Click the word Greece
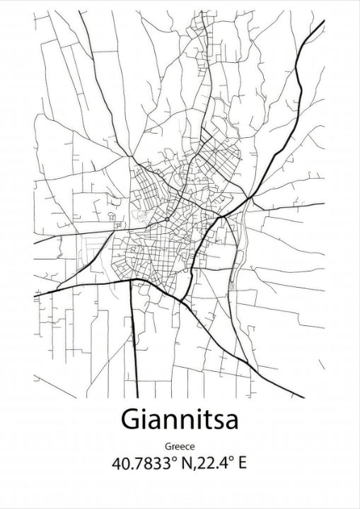tap(180, 447)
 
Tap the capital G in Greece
tap(168, 447)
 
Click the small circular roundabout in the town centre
tap(166, 220)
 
